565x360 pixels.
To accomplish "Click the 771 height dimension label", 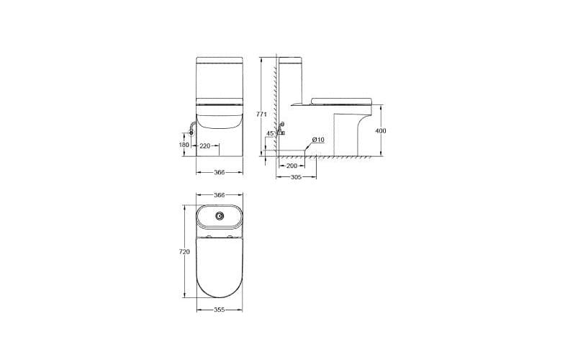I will coord(263,114).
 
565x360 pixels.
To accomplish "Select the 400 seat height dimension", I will coord(381,130).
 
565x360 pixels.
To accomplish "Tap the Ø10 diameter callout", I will coord(318,140).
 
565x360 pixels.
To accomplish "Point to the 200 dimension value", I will coord(291,166).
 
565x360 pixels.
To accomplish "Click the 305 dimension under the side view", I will coord(296,178).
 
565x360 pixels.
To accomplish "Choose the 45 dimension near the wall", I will coord(270,133).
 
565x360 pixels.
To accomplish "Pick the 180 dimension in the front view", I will coord(184,145).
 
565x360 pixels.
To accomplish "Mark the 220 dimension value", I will coord(204,145).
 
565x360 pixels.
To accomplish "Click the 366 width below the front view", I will coord(220,173).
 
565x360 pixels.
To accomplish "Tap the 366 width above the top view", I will coord(220,195).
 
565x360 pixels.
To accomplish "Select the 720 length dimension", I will coord(184,252).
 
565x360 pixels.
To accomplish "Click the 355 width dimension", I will coord(220,310).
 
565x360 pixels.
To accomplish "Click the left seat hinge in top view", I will coord(207,238).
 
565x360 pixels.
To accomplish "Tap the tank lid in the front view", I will coord(220,59).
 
